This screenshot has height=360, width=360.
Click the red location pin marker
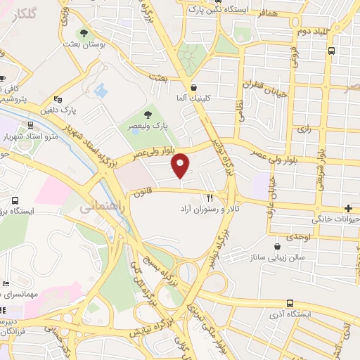181,166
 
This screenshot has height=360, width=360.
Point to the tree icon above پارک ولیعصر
147,115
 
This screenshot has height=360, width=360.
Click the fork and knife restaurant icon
210,198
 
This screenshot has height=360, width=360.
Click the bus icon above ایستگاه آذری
290,304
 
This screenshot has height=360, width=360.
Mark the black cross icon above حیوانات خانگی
349,207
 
